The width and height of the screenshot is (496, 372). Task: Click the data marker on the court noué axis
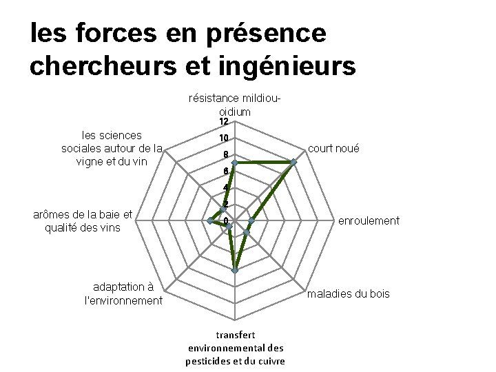tap(293, 163)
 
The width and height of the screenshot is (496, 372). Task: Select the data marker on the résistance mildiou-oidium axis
tap(234, 163)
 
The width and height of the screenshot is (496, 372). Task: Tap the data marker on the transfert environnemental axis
tap(235, 271)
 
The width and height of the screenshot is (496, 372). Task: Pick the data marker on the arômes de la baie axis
tap(209, 220)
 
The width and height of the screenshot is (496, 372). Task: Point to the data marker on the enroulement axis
tap(251, 221)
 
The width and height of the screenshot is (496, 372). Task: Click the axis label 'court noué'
tap(333, 149)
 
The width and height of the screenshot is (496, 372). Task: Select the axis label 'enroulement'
tap(368, 220)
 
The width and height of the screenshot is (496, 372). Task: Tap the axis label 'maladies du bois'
tap(348, 294)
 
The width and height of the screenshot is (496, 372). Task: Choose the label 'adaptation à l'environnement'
tap(123, 293)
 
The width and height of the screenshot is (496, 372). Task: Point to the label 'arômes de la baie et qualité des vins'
tap(82, 221)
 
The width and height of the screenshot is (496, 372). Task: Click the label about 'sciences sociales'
tap(112, 149)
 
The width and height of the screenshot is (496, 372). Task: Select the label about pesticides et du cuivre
tap(235, 349)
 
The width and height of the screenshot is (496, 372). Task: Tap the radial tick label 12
tap(223, 122)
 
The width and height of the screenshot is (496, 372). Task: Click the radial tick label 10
tap(223, 138)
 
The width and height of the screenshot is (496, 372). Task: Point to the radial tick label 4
tap(225, 188)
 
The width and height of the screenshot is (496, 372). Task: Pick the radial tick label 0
tap(225, 221)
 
